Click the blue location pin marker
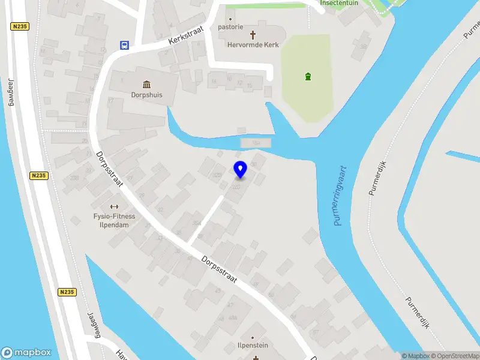tap(240, 169)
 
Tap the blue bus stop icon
tap(124, 46)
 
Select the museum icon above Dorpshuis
tap(146, 83)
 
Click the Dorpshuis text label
tap(146, 95)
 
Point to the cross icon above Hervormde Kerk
tap(253, 35)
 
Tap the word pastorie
tap(230, 27)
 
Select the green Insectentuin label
tap(340, 2)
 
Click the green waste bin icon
tap(308, 76)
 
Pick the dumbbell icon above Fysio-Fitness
tap(114, 206)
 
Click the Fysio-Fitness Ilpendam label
tap(114, 220)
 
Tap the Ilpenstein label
tap(252, 346)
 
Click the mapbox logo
tap(26, 353)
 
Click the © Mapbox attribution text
tap(416, 356)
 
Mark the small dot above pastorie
tap(230, 19)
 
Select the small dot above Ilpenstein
tap(252, 338)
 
